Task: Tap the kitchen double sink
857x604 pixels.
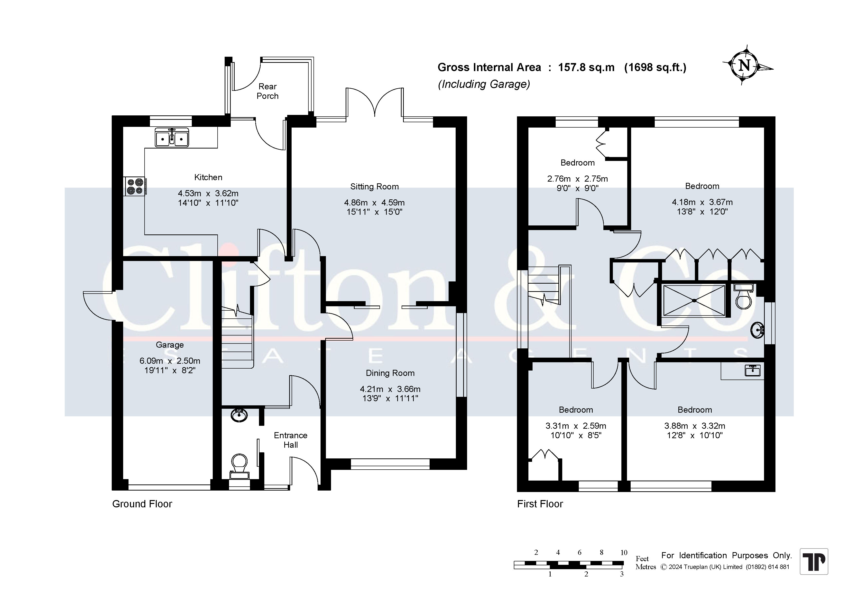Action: pyautogui.click(x=172, y=137)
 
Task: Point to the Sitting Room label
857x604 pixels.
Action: pyautogui.click(x=374, y=187)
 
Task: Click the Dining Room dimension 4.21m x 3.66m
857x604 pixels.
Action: pyautogui.click(x=390, y=389)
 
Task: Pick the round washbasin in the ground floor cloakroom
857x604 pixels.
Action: pyautogui.click(x=239, y=415)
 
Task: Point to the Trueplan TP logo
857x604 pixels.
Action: pyautogui.click(x=814, y=561)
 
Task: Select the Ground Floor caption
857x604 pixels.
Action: pyautogui.click(x=142, y=504)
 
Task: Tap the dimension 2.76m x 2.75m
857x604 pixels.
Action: pyautogui.click(x=577, y=179)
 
